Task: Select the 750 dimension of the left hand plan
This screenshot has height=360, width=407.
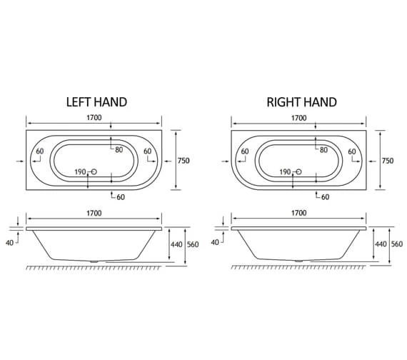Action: [x=184, y=161]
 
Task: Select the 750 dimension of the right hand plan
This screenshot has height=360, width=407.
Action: [x=388, y=161]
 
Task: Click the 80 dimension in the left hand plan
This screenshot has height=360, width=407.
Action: [x=119, y=149]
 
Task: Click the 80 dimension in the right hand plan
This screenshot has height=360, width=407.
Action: [x=323, y=149]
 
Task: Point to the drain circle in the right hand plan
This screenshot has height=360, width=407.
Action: [x=298, y=172]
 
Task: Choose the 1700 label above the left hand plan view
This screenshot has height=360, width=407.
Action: [x=93, y=118]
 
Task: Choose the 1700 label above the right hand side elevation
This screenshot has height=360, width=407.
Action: [x=298, y=213]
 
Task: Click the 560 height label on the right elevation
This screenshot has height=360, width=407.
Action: [x=397, y=244]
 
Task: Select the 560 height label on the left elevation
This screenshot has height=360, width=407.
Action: [x=192, y=244]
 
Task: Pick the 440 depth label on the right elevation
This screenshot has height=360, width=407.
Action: [x=380, y=244]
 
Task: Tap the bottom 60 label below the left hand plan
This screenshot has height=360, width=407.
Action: [x=121, y=196]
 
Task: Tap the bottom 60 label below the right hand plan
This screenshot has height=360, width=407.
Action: [x=325, y=196]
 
